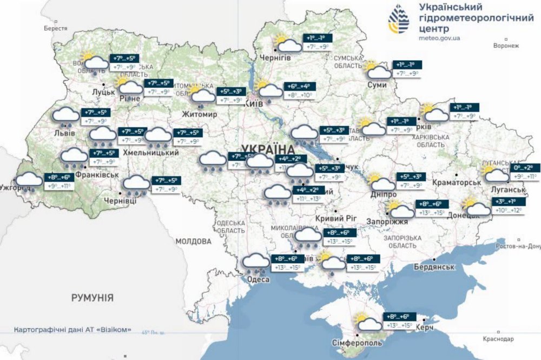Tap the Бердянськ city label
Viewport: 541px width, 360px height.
(433, 267)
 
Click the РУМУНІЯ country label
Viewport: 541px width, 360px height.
(93, 298)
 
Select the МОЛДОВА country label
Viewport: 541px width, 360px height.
(193, 241)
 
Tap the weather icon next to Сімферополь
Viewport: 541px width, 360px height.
(368, 323)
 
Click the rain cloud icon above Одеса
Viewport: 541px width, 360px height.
(255, 263)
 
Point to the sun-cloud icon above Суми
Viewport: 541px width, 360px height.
(378, 71)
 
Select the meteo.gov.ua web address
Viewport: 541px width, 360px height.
(440, 38)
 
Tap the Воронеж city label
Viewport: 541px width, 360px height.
(506, 47)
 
